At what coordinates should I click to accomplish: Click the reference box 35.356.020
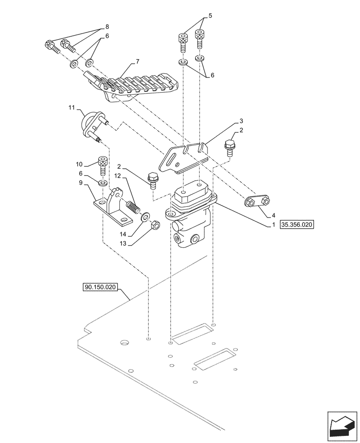click(297, 225)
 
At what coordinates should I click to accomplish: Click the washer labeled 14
click(145, 218)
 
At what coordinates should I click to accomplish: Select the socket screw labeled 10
click(102, 167)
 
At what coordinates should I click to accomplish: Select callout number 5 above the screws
click(210, 16)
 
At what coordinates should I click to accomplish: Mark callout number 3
click(241, 120)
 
